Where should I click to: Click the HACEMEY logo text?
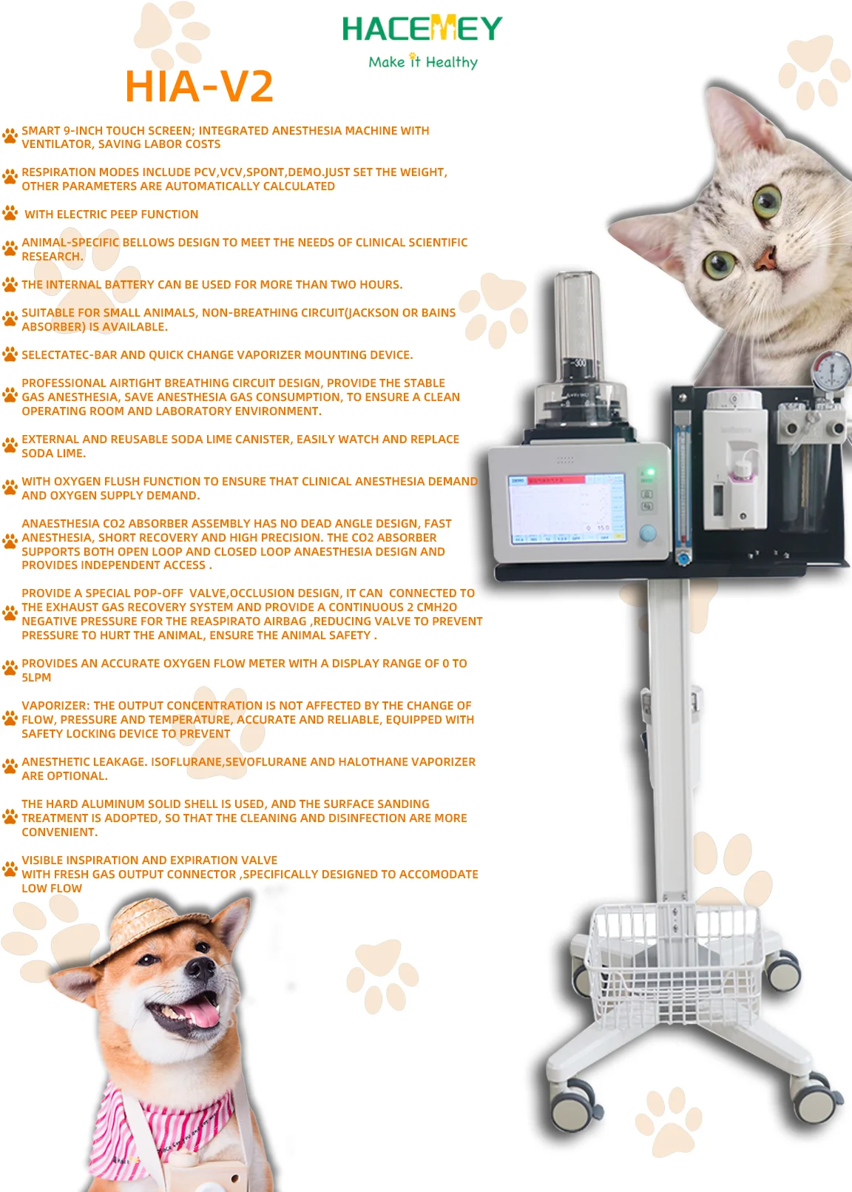coord(422,29)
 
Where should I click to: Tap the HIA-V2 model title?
coord(199,87)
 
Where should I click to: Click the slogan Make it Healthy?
coord(423,62)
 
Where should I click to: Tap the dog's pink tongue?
coord(201,1015)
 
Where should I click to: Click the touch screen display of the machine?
coord(565,509)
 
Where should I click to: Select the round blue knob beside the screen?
coord(648,533)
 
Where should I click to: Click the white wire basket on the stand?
coord(675,962)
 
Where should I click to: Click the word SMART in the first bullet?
coord(41,131)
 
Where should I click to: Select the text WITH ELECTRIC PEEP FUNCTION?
coord(111,215)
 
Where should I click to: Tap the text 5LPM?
coord(36,678)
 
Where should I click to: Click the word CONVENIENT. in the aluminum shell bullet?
coord(59,832)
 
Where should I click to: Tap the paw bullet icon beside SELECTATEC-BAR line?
coord(10,354)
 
